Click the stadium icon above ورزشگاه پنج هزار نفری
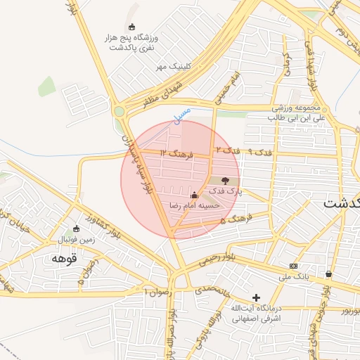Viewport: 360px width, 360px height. (x=131, y=27)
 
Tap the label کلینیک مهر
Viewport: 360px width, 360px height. (x=172, y=67)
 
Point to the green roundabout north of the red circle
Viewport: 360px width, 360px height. (x=120, y=110)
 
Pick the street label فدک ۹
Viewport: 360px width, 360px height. (x=259, y=152)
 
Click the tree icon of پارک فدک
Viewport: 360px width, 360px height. (x=225, y=181)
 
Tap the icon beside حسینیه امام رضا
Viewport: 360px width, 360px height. (x=195, y=195)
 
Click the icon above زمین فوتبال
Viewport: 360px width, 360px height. (x=77, y=229)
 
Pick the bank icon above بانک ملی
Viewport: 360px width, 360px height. (x=293, y=266)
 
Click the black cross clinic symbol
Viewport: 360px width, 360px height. (x=256, y=298)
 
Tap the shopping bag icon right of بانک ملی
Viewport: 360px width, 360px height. (x=329, y=274)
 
